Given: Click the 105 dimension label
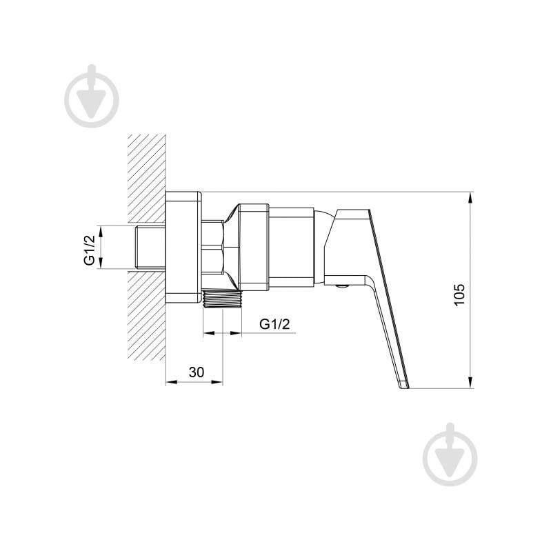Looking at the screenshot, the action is (x=459, y=294).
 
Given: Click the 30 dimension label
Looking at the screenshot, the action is (x=196, y=372).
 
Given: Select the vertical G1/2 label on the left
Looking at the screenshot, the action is (x=89, y=250).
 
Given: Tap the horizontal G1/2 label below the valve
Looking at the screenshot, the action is (x=274, y=323).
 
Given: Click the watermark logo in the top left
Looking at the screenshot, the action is (x=92, y=96).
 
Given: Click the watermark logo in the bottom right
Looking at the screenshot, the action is (x=450, y=454).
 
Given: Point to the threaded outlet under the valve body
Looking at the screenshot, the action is (x=222, y=299).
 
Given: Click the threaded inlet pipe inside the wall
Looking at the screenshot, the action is (x=150, y=248).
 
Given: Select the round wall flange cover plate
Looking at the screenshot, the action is (x=183, y=248).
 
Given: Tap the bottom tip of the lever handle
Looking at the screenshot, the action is (x=405, y=388).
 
